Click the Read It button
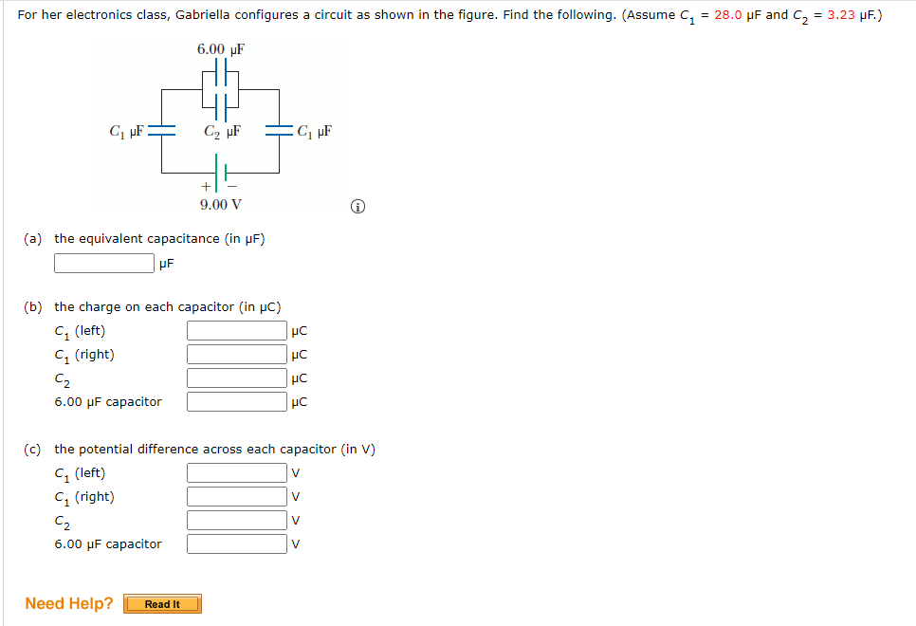(162, 604)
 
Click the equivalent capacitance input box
(104, 263)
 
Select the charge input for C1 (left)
(236, 331)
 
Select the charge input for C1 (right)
(236, 355)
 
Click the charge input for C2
(236, 378)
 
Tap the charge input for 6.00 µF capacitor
(236, 402)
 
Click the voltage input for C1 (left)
(236, 473)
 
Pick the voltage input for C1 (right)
(236, 497)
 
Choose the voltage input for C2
(236, 521)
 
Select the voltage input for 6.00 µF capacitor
(236, 544)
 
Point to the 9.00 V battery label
(220, 204)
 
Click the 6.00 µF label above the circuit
(220, 49)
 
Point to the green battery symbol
(221, 174)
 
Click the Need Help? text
(69, 603)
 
